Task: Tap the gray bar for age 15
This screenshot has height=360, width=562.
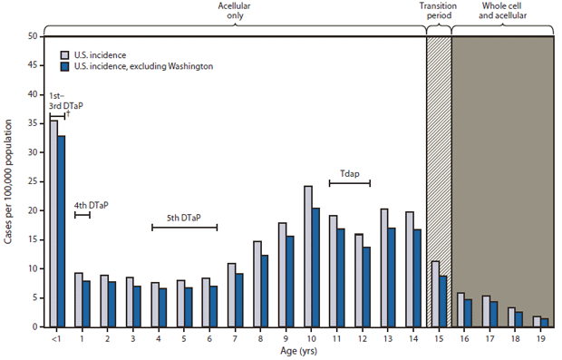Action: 435,294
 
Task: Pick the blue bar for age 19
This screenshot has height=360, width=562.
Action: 545,322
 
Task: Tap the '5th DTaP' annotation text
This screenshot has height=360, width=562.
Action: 184,217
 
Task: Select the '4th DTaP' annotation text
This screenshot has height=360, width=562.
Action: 91,205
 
